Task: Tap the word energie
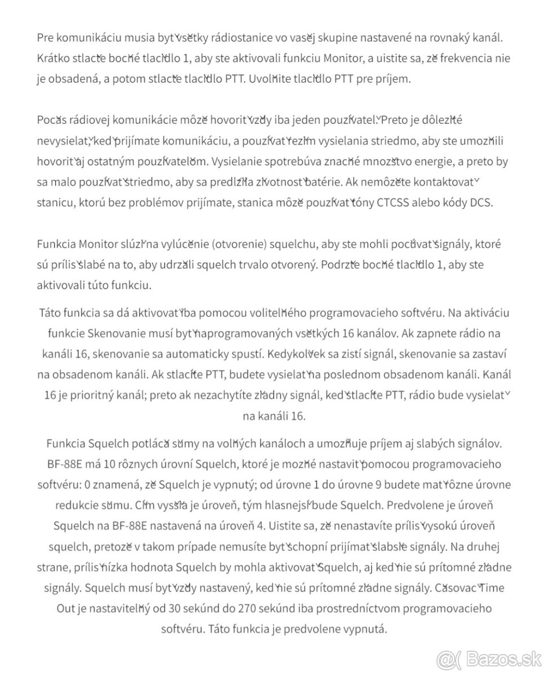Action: (432, 162)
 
